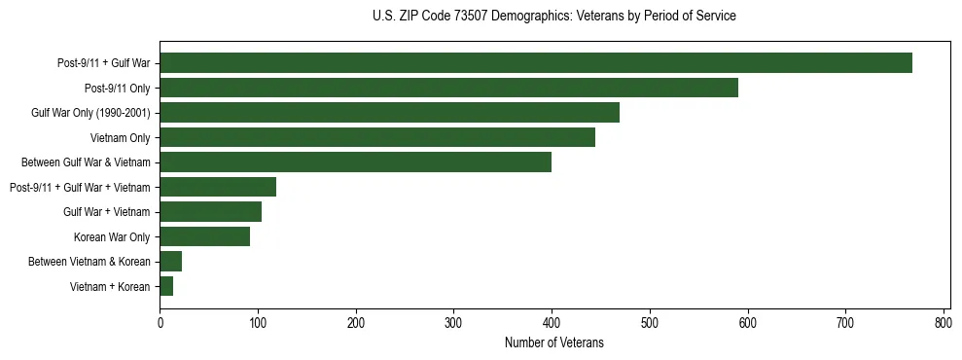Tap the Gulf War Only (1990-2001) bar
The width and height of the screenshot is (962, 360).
click(389, 113)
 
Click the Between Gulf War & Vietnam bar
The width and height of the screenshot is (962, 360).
click(355, 162)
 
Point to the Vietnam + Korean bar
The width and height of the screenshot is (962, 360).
click(166, 286)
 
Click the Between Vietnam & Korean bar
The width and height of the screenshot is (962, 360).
click(170, 262)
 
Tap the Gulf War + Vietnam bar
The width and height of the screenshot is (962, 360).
click(210, 212)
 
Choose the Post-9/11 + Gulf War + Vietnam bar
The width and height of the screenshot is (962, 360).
click(218, 187)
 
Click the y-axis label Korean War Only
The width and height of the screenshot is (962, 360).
click(112, 236)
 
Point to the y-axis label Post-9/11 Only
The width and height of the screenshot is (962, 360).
click(117, 89)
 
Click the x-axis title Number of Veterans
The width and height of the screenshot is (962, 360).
click(554, 342)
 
